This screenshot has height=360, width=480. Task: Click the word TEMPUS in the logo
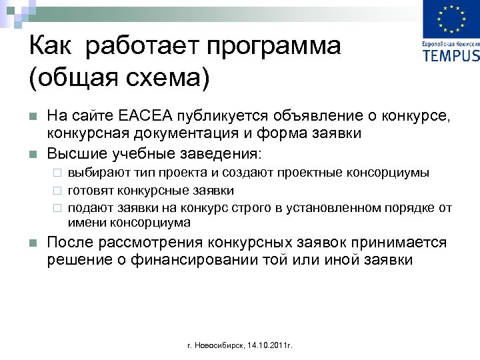pos(451,53)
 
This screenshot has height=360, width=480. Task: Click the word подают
pos(89,208)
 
